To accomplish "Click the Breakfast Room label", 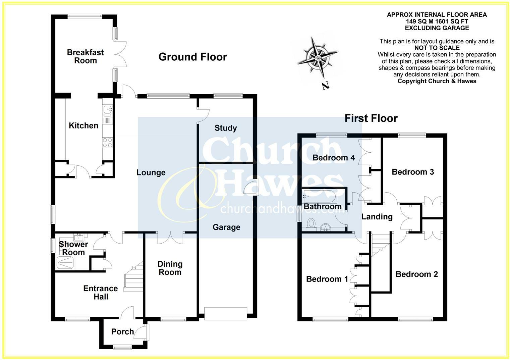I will pyautogui.click(x=85, y=56).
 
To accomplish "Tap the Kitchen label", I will pyautogui.click(x=83, y=125).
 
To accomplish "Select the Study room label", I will pyautogui.click(x=226, y=128).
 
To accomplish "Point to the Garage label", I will pyautogui.click(x=226, y=227).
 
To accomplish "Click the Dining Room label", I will pyautogui.click(x=170, y=268).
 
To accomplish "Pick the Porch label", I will pyautogui.click(x=122, y=331).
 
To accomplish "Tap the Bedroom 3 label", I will pyautogui.click(x=413, y=172).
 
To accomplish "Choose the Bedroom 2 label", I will pyautogui.click(x=417, y=274).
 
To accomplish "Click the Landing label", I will pyautogui.click(x=377, y=216).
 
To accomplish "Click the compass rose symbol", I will pyautogui.click(x=317, y=56).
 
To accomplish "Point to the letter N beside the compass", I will pyautogui.click(x=325, y=86).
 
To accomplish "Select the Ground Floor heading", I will pyautogui.click(x=192, y=57).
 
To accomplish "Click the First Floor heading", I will pyautogui.click(x=371, y=118).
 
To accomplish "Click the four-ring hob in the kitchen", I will pyautogui.click(x=107, y=143).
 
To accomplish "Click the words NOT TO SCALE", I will pyautogui.click(x=437, y=48).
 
